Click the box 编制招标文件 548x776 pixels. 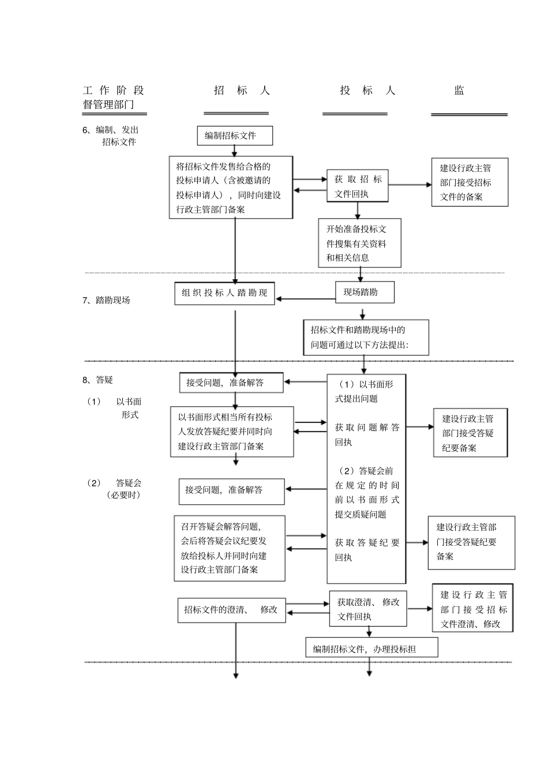tap(234, 136)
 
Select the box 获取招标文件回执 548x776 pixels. tap(358, 186)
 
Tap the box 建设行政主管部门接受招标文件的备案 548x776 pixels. tap(470, 182)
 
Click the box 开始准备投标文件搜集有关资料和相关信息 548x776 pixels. tap(359, 243)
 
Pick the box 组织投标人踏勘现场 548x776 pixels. tap(224, 293)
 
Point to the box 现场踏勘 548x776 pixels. tap(365, 292)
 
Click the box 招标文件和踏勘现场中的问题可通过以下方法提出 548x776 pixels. tap(366, 338)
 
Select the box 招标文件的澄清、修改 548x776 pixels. tap(231, 610)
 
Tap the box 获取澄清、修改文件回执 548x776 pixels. tap(368, 609)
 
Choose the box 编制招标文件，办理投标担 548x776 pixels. tap(371, 648)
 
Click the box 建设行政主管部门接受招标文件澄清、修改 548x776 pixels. tap(472, 609)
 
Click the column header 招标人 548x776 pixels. tap(241, 90)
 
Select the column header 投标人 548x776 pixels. tap(367, 90)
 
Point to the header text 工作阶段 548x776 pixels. tap(114, 90)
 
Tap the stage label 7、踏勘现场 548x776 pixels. tap(107, 300)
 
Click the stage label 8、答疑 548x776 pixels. tap(98, 380)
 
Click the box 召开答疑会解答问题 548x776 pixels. tap(230, 548)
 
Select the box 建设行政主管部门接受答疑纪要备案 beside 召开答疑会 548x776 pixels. tap(471, 542)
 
